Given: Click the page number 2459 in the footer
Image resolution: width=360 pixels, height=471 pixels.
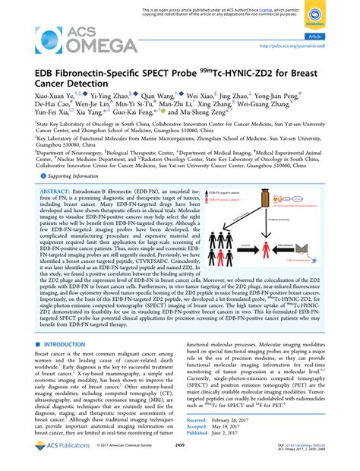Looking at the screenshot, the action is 180,456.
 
